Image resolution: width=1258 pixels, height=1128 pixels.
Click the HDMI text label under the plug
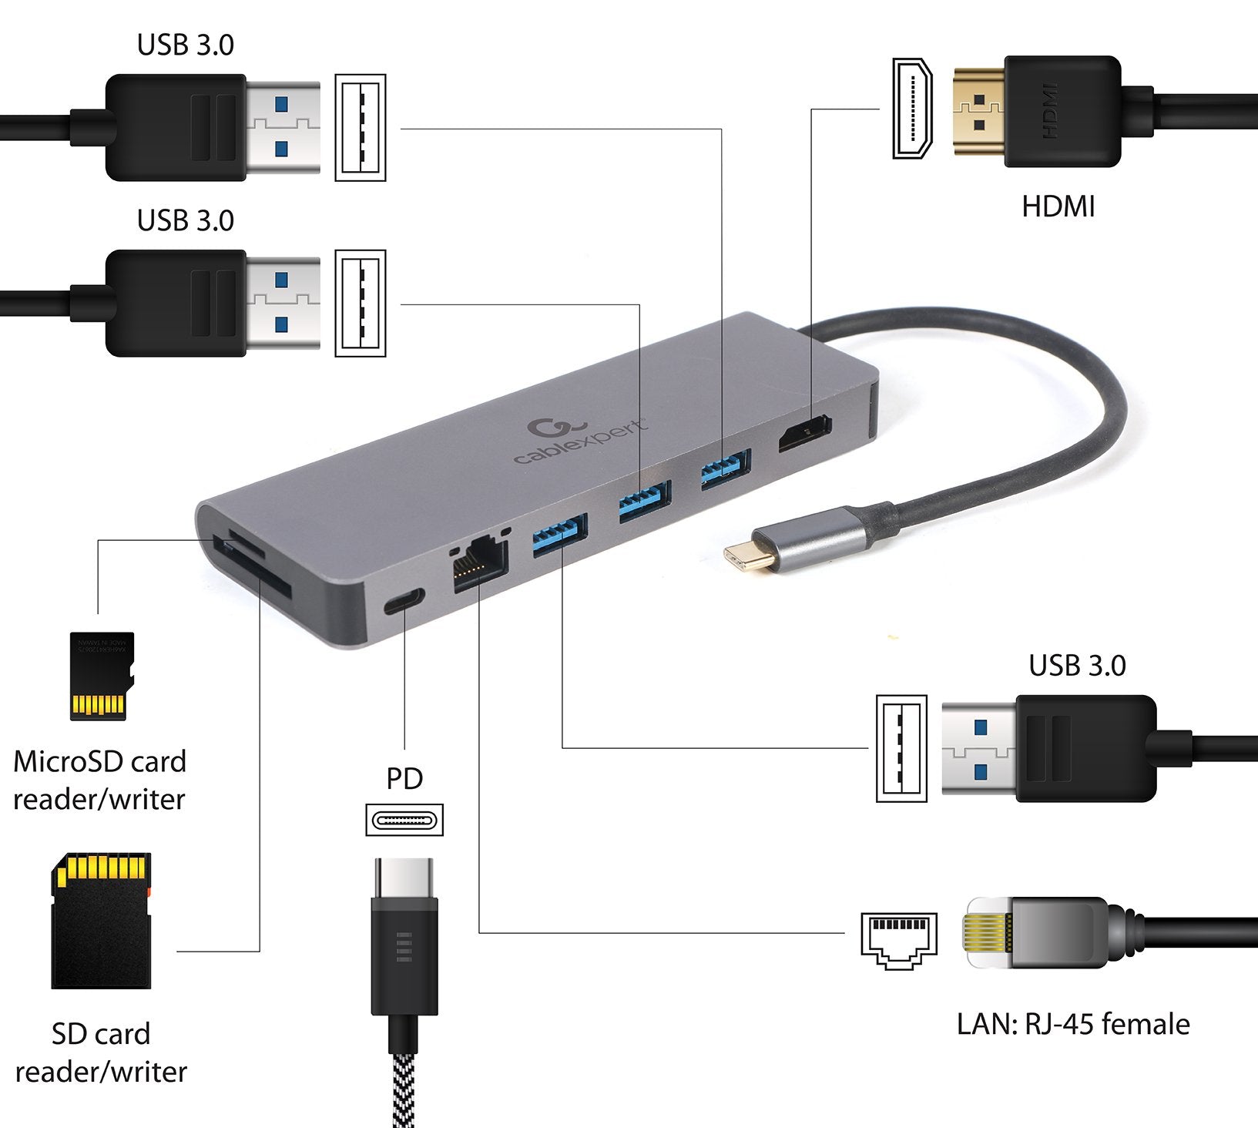pos(1058,206)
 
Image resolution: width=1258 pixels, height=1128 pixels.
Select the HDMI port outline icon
pos(912,108)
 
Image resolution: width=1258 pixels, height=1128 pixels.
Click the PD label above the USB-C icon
pos(404,779)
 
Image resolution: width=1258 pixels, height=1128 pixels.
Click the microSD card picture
pos(102,676)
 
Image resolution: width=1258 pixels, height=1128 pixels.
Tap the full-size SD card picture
pos(101,921)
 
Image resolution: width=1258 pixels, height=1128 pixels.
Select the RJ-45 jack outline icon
pos(899,941)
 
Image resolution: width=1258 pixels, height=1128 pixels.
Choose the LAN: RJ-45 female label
pos(1073,1024)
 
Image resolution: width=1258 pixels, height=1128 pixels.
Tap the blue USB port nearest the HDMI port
pos(725,469)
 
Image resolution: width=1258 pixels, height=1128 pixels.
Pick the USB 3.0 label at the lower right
pos(1077,666)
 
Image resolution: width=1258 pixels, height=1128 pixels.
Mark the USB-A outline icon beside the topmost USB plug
pos(361,128)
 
